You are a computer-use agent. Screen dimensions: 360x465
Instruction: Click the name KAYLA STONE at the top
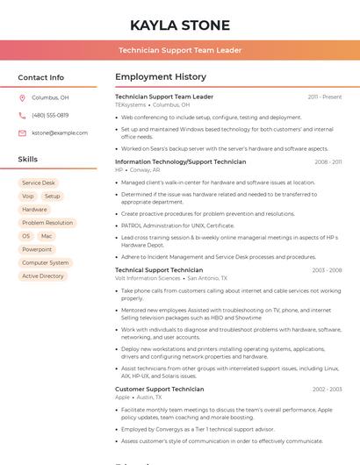pyautogui.click(x=180, y=25)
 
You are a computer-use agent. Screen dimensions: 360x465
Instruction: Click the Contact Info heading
pyautogui.click(x=41, y=77)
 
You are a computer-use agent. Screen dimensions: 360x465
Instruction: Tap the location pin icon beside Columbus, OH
pyautogui.click(x=22, y=97)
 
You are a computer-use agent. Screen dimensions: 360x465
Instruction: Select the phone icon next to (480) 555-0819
pyautogui.click(x=22, y=115)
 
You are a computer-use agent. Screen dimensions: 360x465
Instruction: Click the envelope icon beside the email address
pyautogui.click(x=22, y=132)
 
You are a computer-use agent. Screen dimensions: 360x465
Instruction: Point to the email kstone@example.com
pyautogui.click(x=60, y=132)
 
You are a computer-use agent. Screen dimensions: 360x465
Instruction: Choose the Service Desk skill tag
pyautogui.click(x=39, y=183)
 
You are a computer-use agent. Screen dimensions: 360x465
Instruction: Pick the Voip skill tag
pyautogui.click(x=28, y=197)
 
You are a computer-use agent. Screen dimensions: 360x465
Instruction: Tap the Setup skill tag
pyautogui.click(x=53, y=197)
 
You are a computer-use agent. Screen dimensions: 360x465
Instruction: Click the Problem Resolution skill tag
pyautogui.click(x=47, y=223)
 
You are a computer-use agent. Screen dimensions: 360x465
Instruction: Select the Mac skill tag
pyautogui.click(x=47, y=236)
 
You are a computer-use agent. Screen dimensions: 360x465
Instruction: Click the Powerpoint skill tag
pyautogui.click(x=37, y=249)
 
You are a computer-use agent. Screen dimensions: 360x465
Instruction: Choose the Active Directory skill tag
pyautogui.click(x=43, y=275)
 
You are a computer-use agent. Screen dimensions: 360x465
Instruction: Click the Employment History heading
pyautogui.click(x=161, y=77)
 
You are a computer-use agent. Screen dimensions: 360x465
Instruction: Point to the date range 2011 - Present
pyautogui.click(x=324, y=97)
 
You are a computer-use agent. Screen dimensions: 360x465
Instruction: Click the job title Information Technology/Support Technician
pyautogui.click(x=180, y=161)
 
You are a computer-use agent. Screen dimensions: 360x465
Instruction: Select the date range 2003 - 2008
pyautogui.click(x=327, y=270)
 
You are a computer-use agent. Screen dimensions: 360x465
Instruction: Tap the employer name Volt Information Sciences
pyautogui.click(x=148, y=278)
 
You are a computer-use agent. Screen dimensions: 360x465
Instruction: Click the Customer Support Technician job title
pyautogui.click(x=159, y=389)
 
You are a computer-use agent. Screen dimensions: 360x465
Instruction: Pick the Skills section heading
pyautogui.click(x=28, y=160)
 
